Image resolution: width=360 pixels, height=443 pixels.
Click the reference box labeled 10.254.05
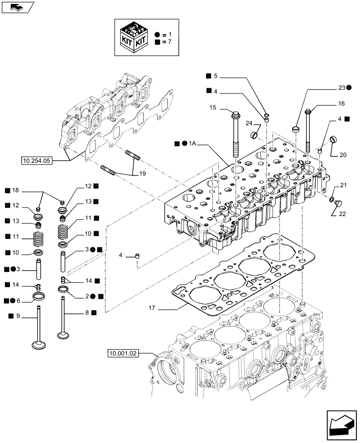(x=37, y=161)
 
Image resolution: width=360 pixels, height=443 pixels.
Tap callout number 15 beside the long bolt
(x=212, y=108)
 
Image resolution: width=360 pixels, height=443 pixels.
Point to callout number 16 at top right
(x=341, y=104)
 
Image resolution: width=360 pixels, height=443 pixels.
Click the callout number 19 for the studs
(x=141, y=174)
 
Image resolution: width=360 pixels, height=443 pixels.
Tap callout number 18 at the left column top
(x=16, y=191)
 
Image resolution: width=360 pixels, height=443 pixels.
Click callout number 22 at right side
(x=343, y=214)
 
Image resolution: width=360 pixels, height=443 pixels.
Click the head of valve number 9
(x=39, y=345)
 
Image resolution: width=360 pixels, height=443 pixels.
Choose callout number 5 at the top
(x=215, y=76)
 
